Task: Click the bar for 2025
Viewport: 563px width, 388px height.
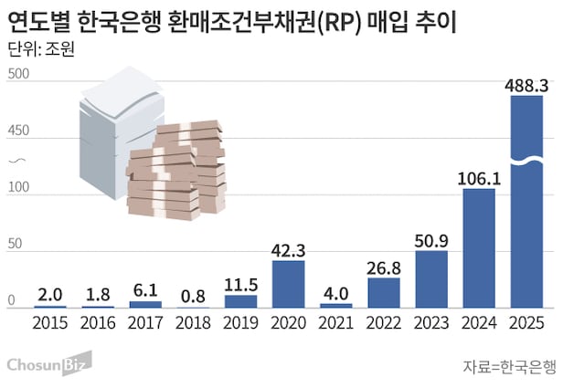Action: [526, 201]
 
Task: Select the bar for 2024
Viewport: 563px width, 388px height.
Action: [479, 248]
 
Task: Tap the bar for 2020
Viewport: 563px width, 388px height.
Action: [289, 284]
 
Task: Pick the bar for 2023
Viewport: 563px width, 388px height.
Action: [431, 278]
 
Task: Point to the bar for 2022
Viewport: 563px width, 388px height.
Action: [384, 292]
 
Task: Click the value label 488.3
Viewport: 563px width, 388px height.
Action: [527, 84]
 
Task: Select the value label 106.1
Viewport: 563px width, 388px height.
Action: [479, 178]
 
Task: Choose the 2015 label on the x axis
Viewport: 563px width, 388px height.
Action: [51, 322]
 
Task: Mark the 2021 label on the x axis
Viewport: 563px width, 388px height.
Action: [336, 322]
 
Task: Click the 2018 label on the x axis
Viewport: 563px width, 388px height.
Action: [194, 322]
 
